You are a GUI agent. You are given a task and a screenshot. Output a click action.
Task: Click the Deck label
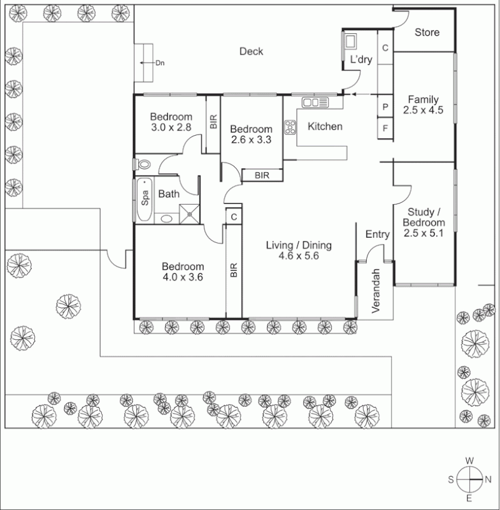point(251,52)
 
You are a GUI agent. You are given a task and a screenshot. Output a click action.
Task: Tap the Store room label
point(427,33)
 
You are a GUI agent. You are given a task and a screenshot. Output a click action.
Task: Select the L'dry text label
point(361,60)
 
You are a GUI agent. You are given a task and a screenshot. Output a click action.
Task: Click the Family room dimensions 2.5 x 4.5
point(422,110)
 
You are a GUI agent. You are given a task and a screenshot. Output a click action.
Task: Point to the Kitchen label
point(325,126)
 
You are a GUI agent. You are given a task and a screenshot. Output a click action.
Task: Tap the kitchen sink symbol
point(314,102)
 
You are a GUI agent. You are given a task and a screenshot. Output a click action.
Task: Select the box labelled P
point(385,107)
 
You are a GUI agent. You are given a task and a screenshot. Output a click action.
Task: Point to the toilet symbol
point(143,164)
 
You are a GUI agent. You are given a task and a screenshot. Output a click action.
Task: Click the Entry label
point(377,235)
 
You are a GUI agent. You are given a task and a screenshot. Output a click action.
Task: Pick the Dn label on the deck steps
point(160,63)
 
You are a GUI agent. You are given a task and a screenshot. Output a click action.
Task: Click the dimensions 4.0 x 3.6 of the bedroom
point(182,277)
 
